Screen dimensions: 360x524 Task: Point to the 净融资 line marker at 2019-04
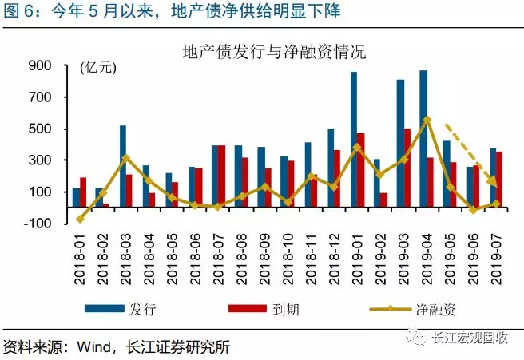click(427, 120)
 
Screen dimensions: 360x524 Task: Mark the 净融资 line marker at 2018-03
click(126, 157)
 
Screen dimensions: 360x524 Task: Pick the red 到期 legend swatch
click(247, 308)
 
